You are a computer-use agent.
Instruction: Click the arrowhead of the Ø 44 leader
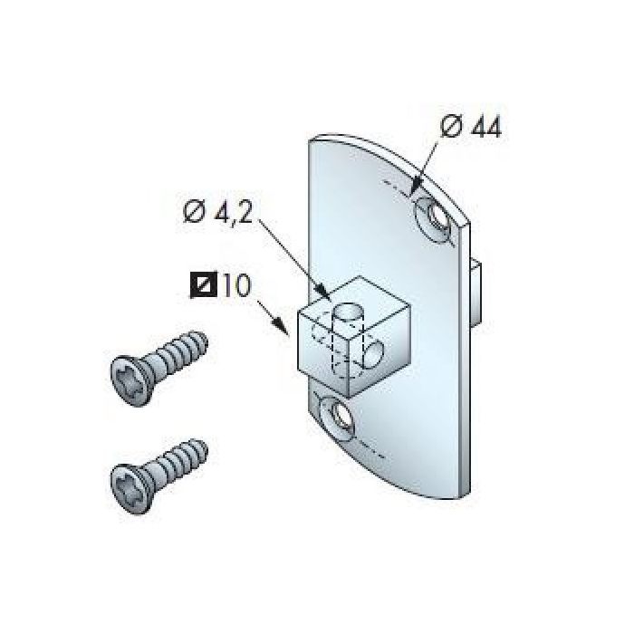(415, 191)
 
